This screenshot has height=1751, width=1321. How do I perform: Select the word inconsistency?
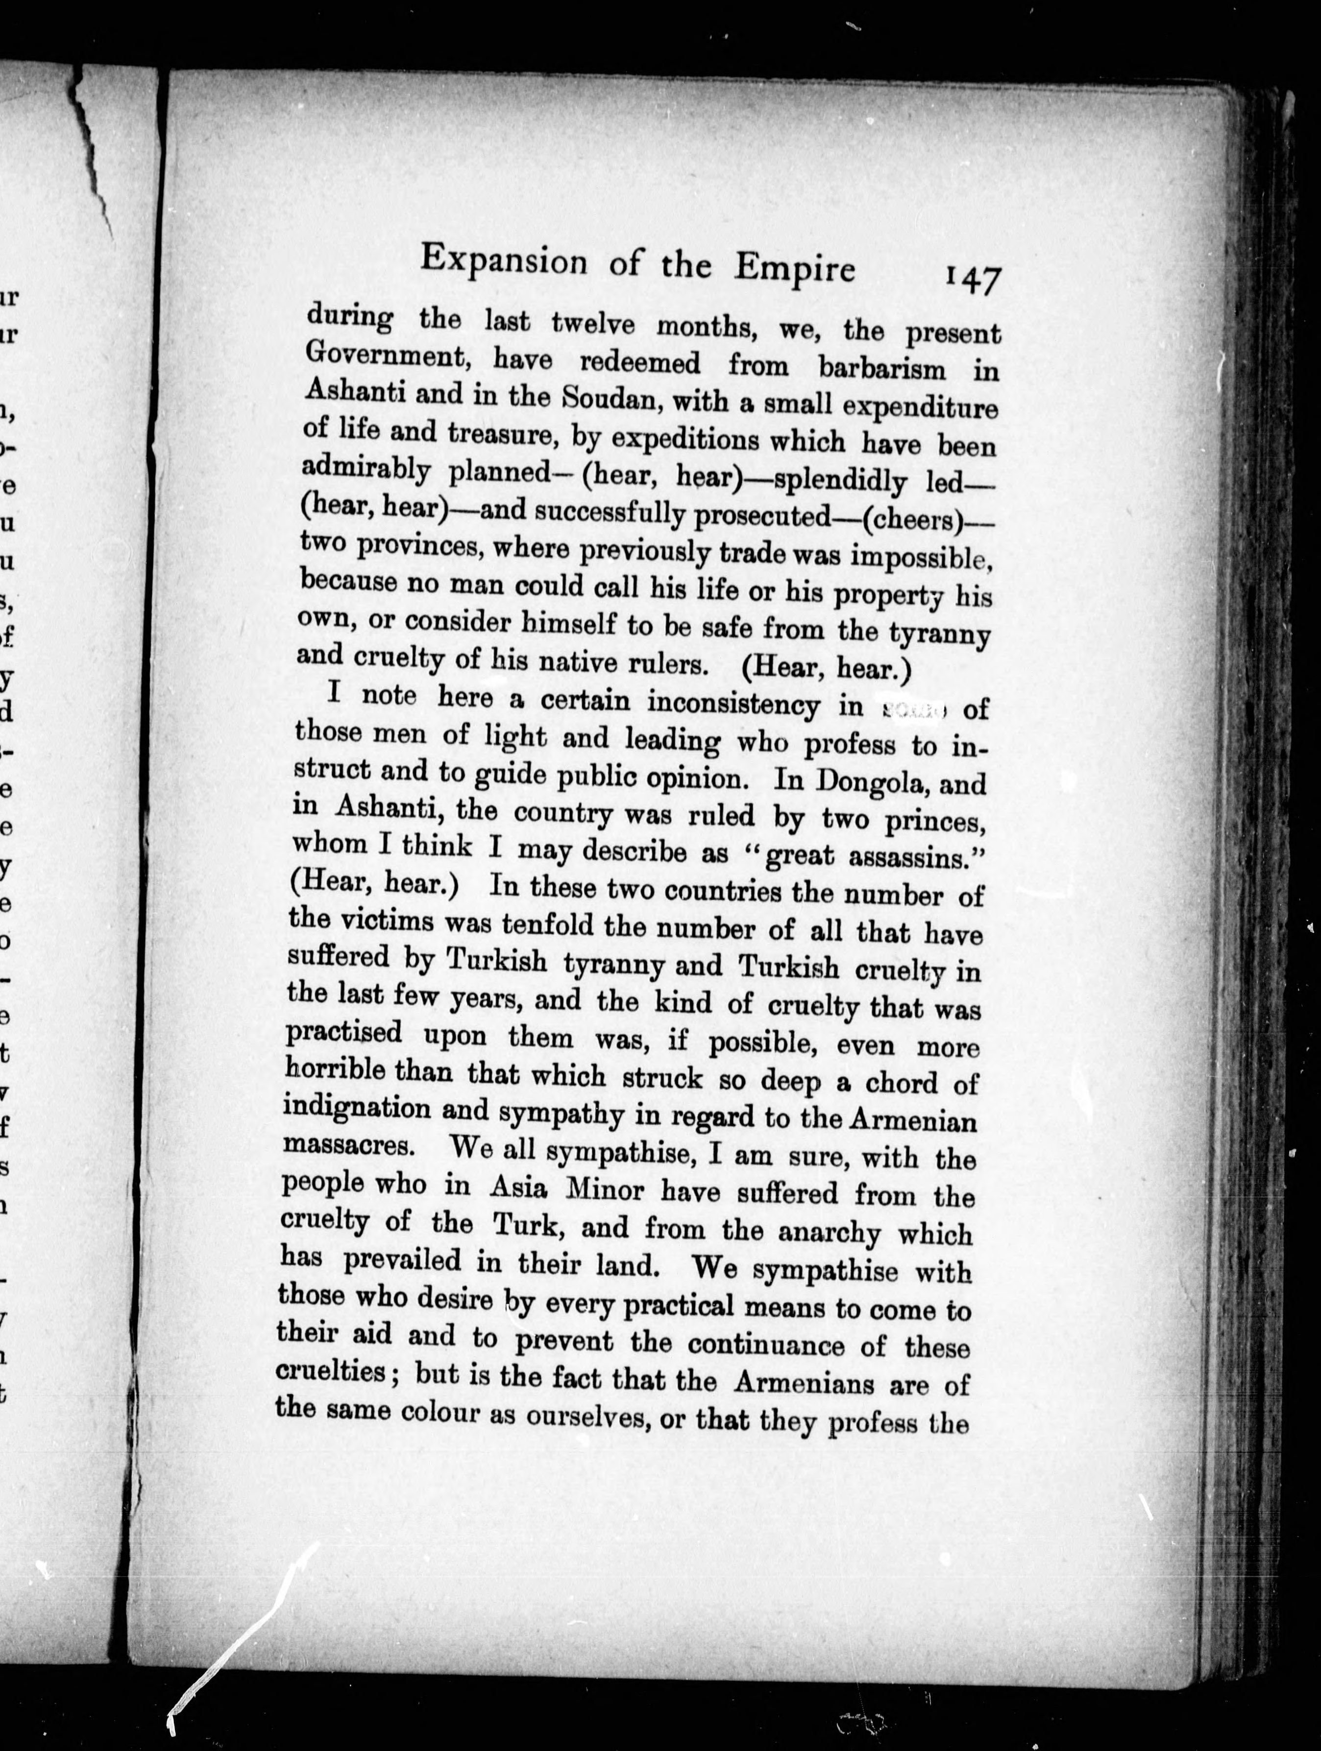coord(734,703)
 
